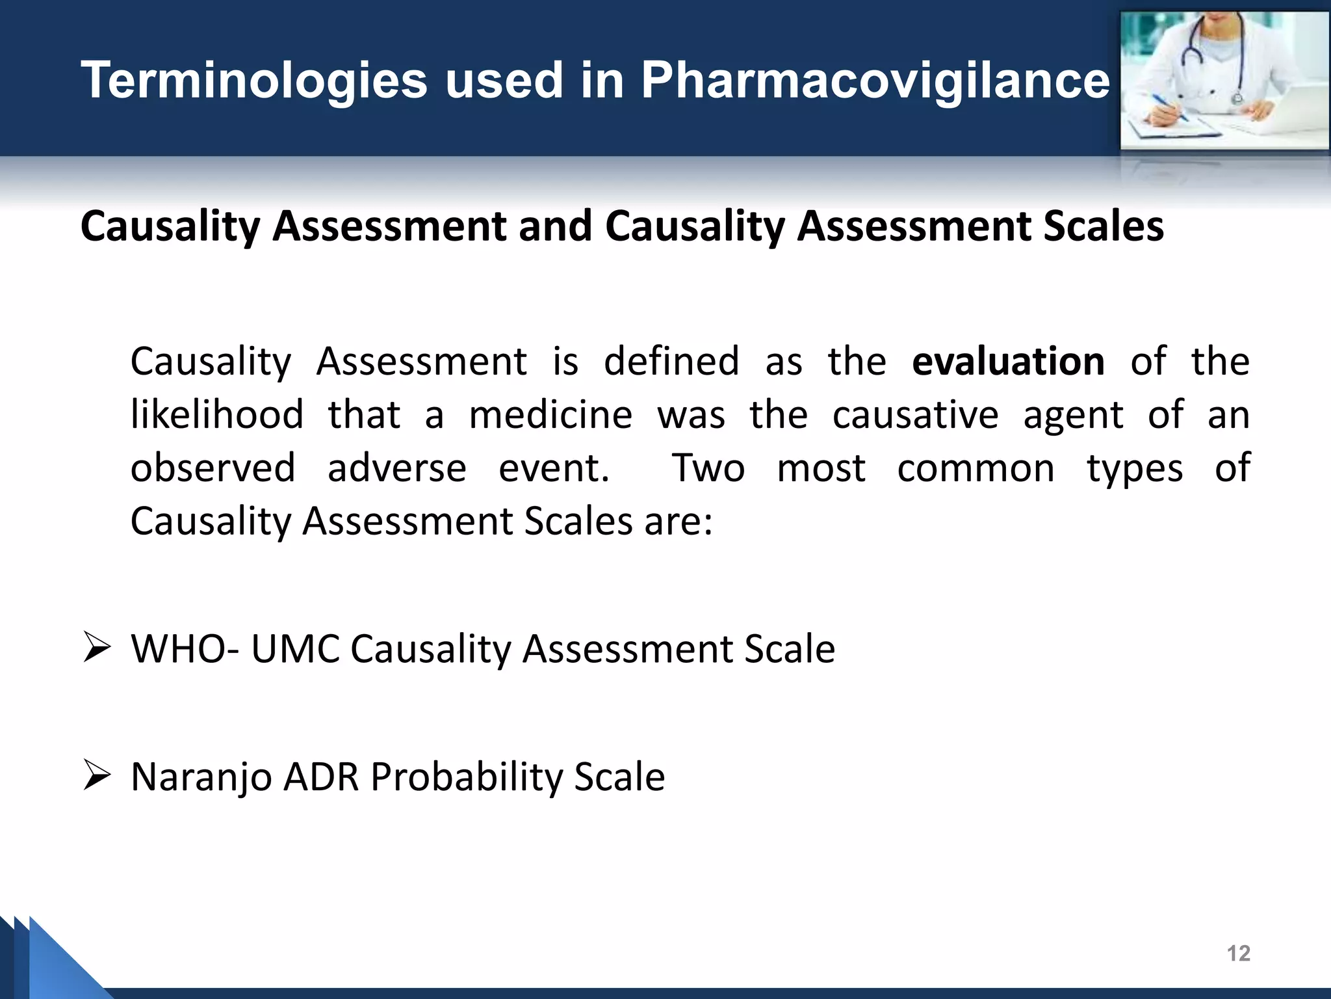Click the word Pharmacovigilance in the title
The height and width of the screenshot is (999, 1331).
tap(875, 81)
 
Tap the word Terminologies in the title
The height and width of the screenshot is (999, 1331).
tap(254, 81)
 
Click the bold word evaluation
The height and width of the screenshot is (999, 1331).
tap(1008, 362)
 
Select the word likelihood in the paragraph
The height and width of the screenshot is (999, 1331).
tap(217, 415)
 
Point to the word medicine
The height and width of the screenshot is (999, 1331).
tap(550, 415)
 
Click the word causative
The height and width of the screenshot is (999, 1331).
tap(915, 415)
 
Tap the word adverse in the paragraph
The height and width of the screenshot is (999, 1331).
tap(397, 468)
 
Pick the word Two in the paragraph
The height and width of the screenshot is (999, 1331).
tap(708, 468)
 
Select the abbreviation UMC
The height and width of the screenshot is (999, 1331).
tap(296, 649)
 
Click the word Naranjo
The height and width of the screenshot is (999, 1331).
tap(201, 777)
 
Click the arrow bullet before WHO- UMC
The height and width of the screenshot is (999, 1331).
tap(97, 648)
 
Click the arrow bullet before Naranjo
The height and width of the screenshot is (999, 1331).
tap(97, 776)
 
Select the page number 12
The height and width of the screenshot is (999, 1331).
tap(1238, 953)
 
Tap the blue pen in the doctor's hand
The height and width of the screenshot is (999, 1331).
tap(1170, 107)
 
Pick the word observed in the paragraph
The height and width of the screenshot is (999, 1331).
tap(213, 468)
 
